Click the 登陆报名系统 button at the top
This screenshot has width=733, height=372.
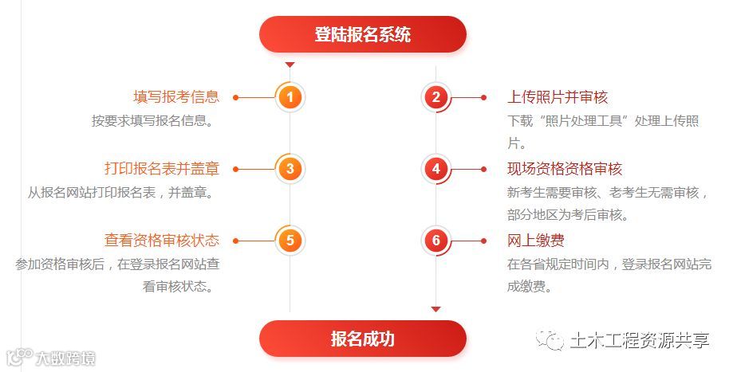click(x=362, y=34)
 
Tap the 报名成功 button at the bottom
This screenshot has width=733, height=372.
click(x=362, y=338)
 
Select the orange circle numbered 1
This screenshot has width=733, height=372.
click(x=290, y=98)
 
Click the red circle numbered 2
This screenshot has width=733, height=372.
click(x=435, y=98)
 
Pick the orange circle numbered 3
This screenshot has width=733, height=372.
click(x=290, y=169)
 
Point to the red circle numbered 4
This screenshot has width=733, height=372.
click(x=435, y=169)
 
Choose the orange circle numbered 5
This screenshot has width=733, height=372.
click(x=290, y=241)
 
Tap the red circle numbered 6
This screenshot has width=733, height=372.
click(x=435, y=241)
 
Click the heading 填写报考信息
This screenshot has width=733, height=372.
click(x=176, y=97)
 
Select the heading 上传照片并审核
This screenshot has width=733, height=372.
click(x=558, y=97)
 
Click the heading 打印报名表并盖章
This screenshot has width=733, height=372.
click(x=162, y=169)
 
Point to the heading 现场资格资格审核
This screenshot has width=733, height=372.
click(x=565, y=169)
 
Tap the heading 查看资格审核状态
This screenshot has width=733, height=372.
click(x=162, y=241)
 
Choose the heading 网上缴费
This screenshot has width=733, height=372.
click(x=536, y=241)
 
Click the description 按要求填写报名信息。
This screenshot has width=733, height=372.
click(x=155, y=121)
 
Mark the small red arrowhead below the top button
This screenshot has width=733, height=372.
click(x=290, y=65)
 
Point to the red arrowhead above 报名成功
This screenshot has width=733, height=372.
click(x=435, y=308)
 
